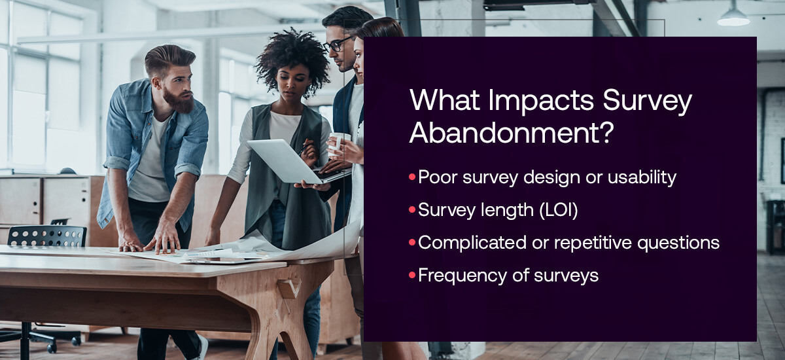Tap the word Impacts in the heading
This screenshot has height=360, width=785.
(541, 100)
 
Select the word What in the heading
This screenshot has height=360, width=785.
(444, 99)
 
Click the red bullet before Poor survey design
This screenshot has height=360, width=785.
(412, 176)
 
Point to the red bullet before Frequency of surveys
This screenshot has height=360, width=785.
(412, 274)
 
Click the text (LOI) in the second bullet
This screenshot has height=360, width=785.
(559, 210)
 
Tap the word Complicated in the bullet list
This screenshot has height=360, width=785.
(472, 243)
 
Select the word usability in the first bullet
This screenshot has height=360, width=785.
(642, 177)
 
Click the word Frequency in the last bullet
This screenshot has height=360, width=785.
(462, 276)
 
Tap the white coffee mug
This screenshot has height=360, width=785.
(338, 143)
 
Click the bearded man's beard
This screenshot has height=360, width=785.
(179, 99)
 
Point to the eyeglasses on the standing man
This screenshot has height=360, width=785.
(337, 45)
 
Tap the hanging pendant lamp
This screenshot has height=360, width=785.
(733, 17)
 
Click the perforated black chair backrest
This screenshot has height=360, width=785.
(46, 236)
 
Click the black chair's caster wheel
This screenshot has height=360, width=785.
(52, 348)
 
